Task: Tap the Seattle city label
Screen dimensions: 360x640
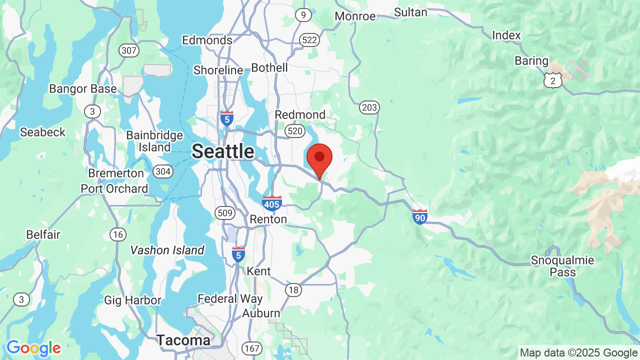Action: (223, 151)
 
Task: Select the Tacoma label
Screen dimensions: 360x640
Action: (183, 340)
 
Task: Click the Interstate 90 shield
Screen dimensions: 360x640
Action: (420, 216)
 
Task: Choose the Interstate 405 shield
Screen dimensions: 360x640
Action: (271, 203)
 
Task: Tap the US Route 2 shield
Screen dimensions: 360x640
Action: (553, 80)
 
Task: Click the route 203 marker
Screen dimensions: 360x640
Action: (369, 107)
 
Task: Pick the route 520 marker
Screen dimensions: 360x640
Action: (294, 131)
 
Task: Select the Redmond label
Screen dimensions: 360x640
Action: (300, 114)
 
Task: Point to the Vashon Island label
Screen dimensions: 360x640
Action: (167, 250)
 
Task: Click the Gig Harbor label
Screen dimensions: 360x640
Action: (132, 300)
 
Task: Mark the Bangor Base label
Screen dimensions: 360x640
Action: (83, 89)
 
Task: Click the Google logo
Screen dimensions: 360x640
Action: (33, 348)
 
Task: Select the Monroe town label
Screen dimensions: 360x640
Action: (355, 16)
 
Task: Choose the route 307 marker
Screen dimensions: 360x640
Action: (128, 50)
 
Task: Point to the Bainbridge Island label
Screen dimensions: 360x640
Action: (154, 141)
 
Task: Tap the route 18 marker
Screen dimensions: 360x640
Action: (293, 289)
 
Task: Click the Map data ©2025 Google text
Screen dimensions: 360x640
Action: (578, 352)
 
